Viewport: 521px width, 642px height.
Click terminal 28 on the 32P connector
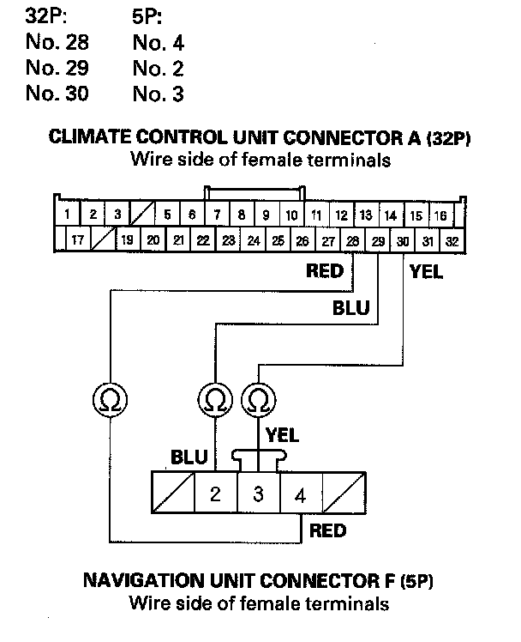353,241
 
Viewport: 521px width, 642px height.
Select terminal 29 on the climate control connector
378,241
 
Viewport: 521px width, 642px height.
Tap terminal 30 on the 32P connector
403,241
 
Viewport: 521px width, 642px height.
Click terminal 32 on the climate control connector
452,241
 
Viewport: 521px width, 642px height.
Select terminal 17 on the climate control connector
76,241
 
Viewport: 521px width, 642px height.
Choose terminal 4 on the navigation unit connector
298,495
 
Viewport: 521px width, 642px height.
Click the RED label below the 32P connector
325,273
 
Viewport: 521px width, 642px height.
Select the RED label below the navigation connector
327,531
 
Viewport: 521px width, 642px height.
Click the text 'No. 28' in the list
57,41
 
